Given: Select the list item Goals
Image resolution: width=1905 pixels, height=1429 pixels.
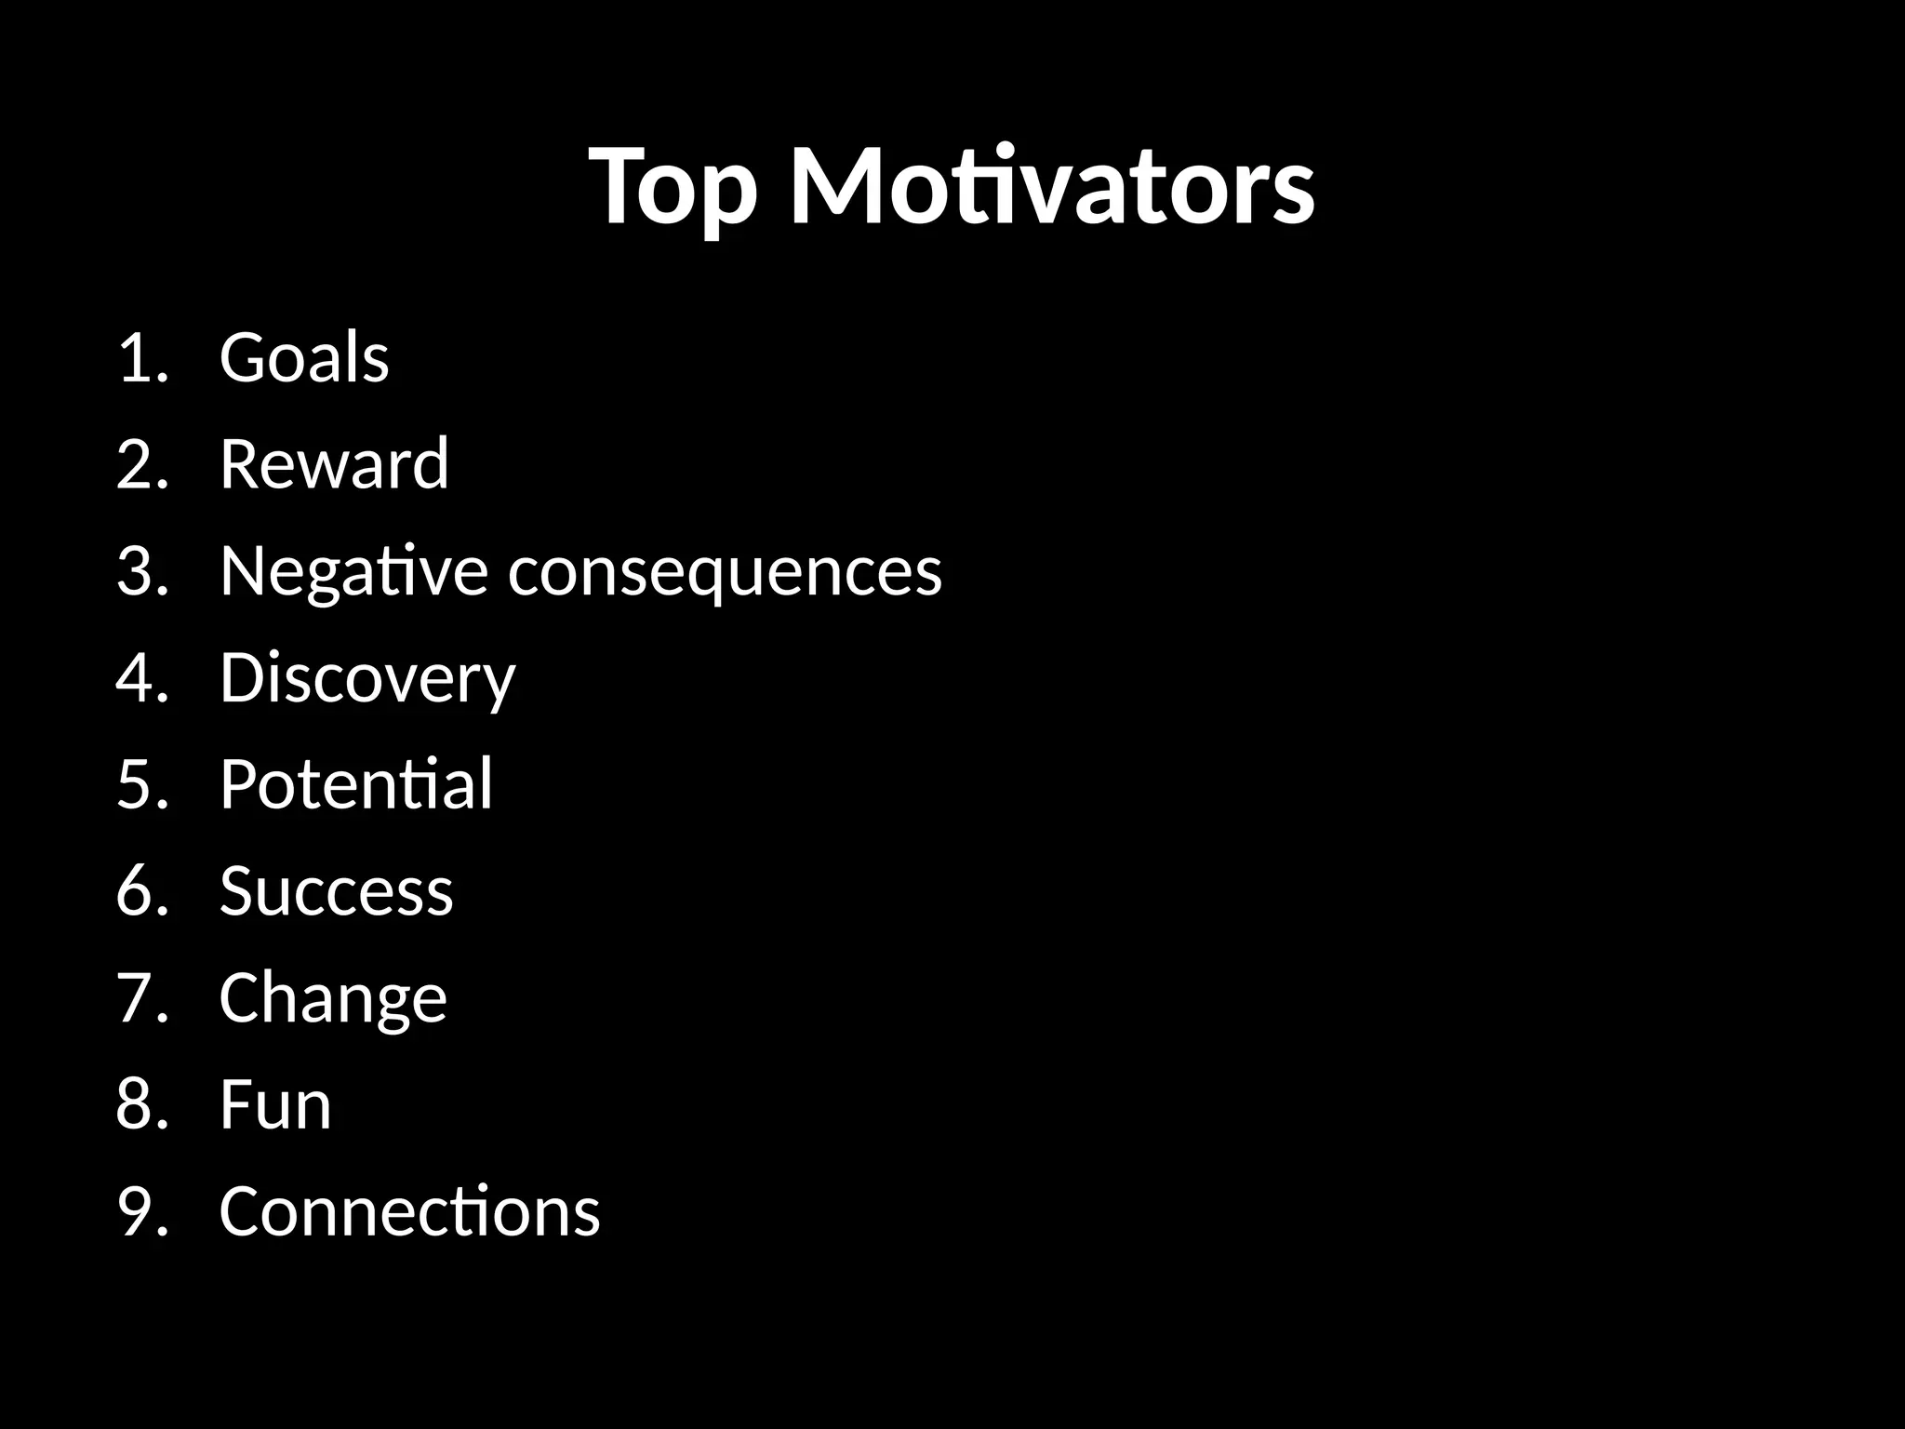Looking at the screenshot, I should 304,358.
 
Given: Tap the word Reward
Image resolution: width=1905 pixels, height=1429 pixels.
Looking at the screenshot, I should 334,464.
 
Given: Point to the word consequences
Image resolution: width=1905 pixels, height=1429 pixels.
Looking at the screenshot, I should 725,571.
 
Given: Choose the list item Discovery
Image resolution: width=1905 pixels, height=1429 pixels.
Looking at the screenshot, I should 366,678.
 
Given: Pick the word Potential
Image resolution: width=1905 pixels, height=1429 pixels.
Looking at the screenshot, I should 355,784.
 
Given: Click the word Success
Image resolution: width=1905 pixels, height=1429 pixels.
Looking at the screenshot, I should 336,891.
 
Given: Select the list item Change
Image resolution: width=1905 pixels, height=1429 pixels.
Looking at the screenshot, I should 333,998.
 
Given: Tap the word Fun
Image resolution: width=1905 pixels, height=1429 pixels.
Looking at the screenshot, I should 275,1105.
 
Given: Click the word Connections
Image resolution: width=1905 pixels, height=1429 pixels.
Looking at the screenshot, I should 409,1211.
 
